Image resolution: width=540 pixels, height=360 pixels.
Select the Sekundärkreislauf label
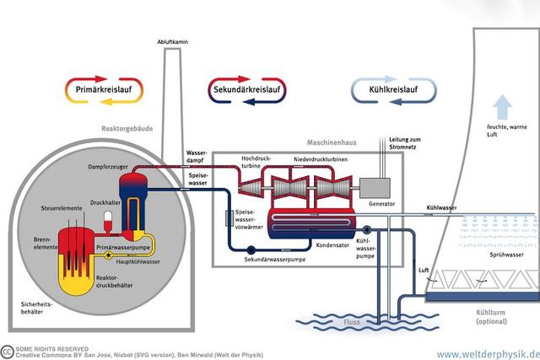tap(248, 89)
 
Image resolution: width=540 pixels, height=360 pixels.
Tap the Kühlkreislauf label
tap(392, 89)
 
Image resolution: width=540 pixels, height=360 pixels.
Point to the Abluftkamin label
tap(170, 42)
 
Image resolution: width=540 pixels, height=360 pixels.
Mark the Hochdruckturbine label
tap(257, 162)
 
